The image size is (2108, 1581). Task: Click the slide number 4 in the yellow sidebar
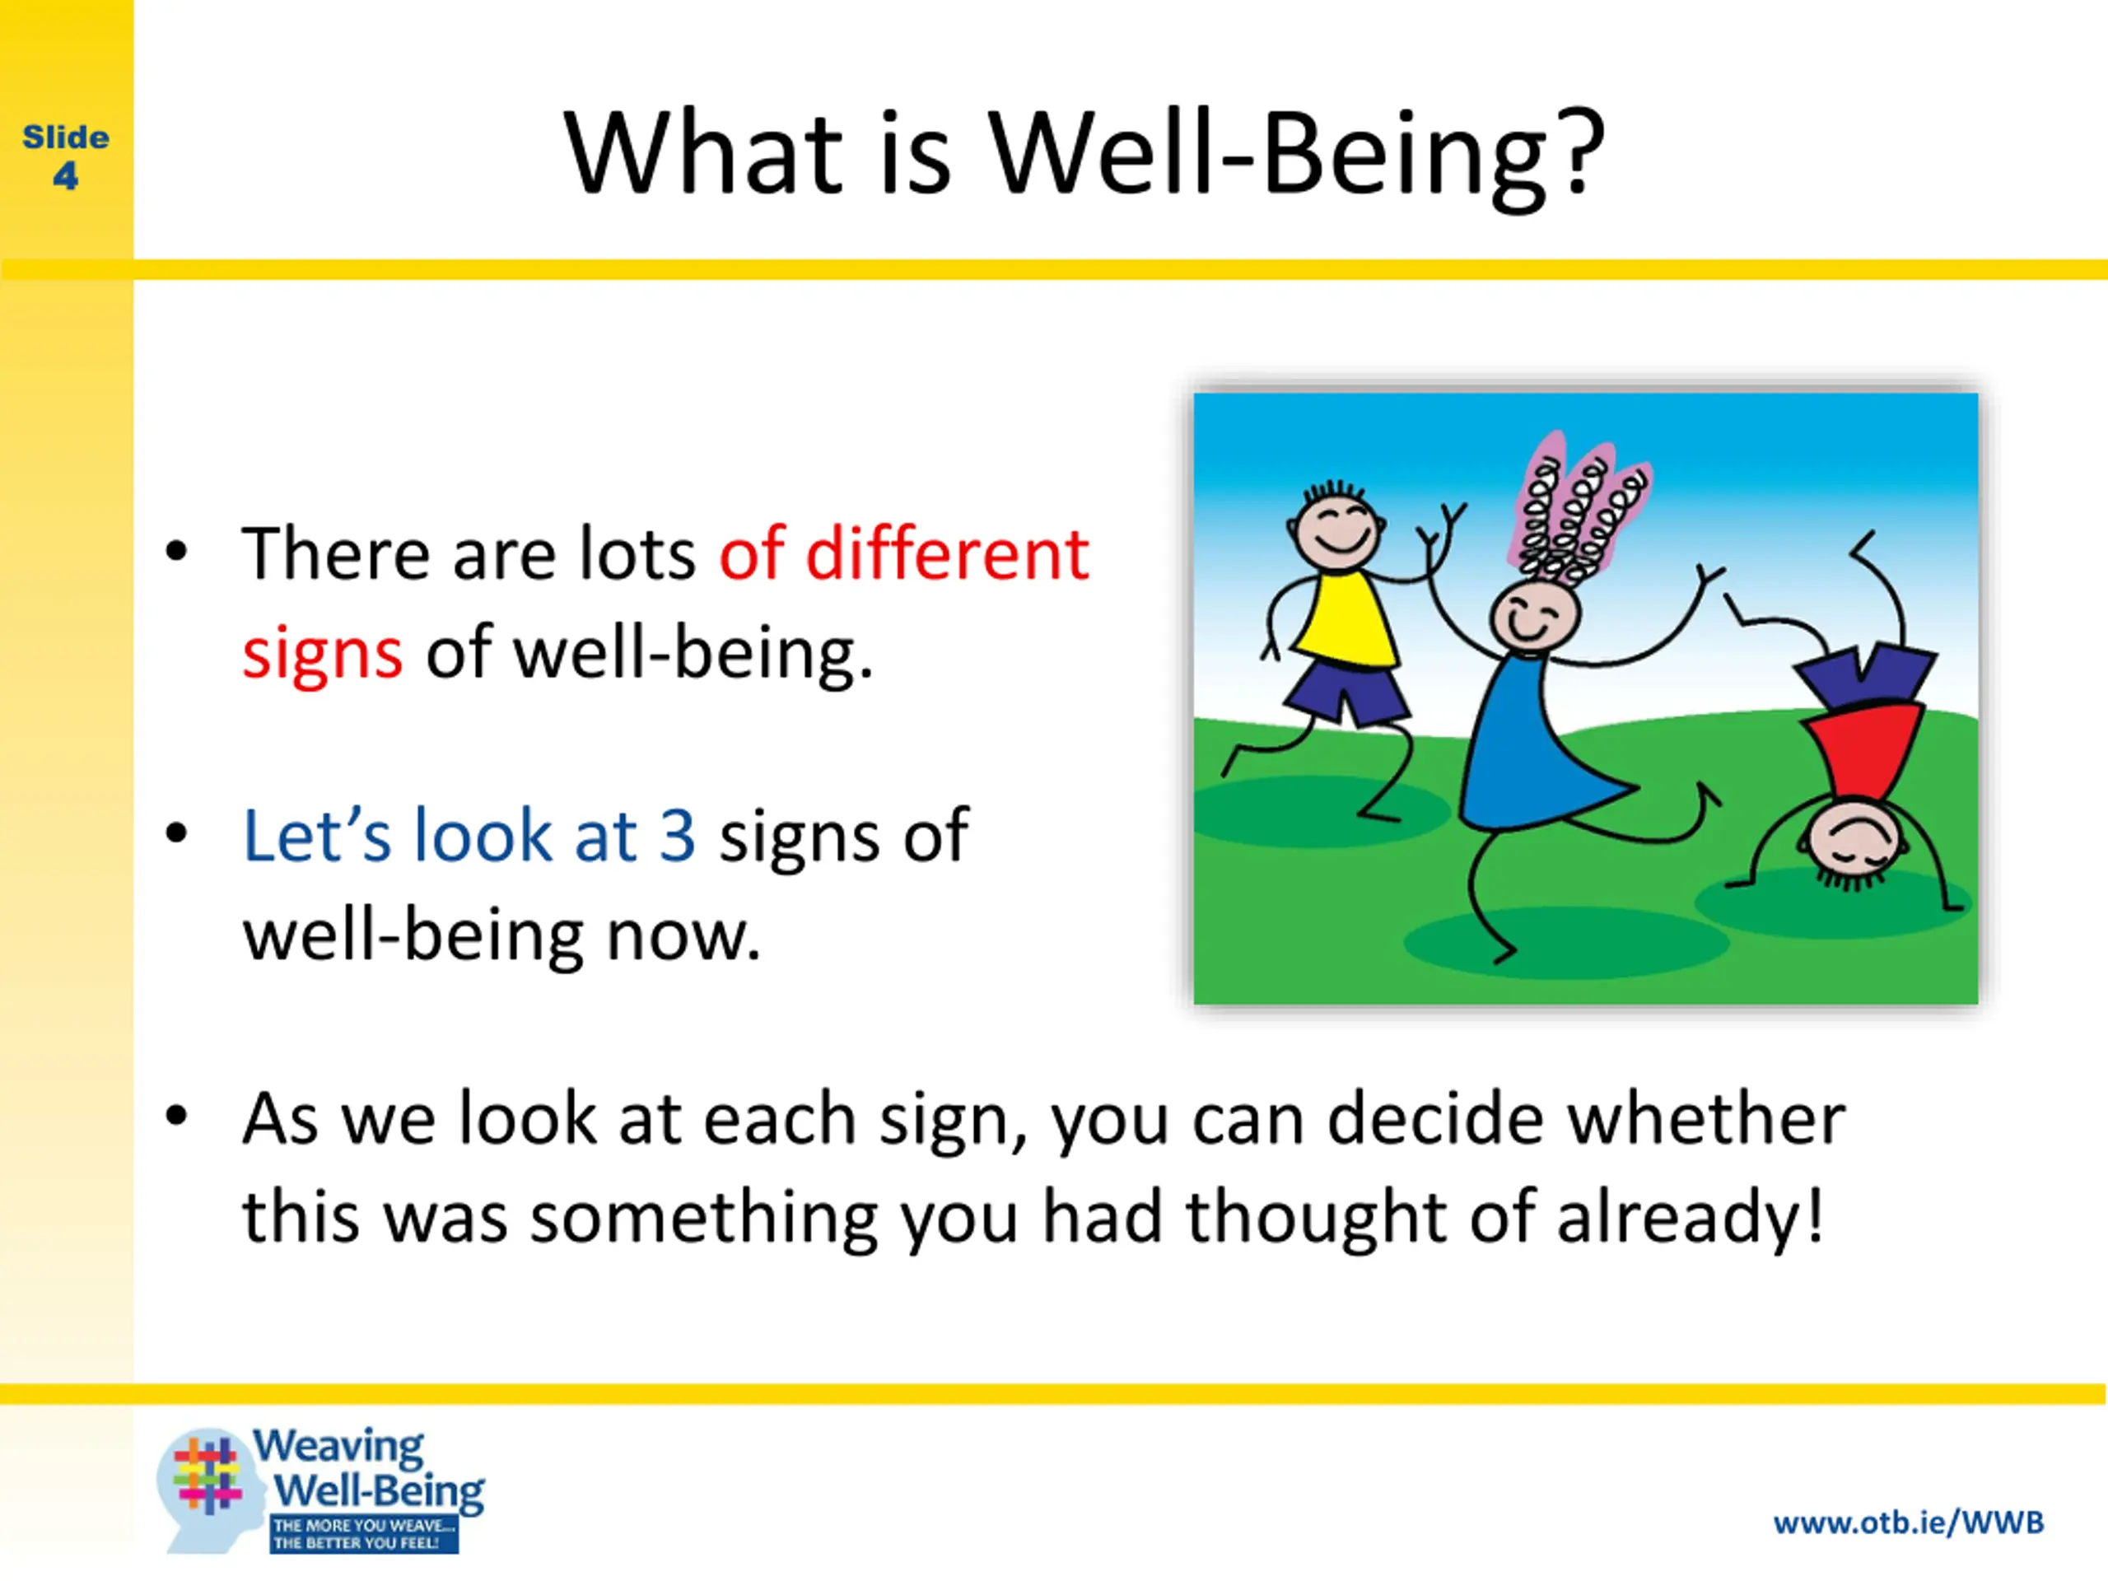coord(66,176)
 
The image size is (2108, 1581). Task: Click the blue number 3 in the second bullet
coord(678,836)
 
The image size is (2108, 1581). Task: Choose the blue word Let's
coord(317,835)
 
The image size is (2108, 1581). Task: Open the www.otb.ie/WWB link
coord(1909,1523)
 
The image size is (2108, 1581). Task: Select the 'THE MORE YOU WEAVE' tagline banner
coord(364,1535)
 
